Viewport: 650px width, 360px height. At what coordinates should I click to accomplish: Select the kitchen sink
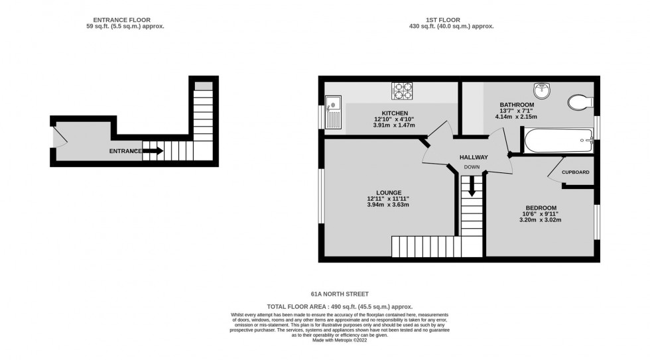(x=333, y=112)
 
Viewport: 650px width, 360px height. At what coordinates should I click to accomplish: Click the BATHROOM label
(x=517, y=105)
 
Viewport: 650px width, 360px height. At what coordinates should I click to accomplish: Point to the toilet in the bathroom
(x=580, y=102)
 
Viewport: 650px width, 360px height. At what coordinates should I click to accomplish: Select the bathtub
(x=557, y=140)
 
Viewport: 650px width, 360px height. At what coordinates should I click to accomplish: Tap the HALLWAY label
(x=474, y=157)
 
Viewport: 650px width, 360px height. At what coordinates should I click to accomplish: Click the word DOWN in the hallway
(x=472, y=167)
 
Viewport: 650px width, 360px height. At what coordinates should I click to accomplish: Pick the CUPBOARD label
(x=575, y=172)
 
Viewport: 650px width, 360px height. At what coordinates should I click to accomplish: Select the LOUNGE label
(x=388, y=192)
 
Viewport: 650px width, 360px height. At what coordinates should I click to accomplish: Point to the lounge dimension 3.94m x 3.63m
(x=388, y=205)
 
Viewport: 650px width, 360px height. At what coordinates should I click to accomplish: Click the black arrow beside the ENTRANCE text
(x=153, y=151)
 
